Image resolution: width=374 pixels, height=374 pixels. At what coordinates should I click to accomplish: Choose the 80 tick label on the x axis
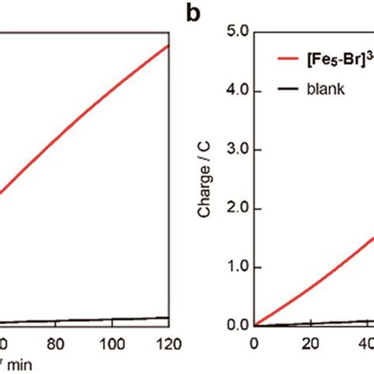(54, 344)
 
